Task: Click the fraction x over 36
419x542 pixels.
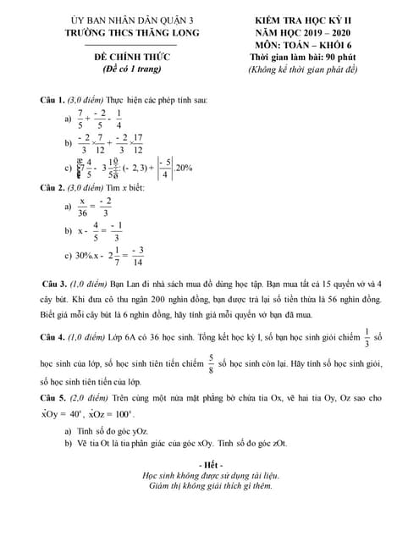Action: coord(82,207)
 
